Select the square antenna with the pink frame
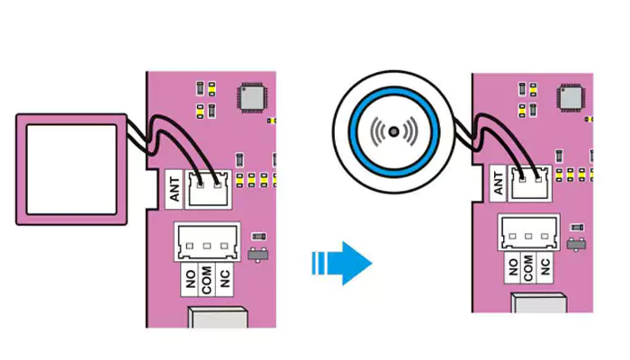point(71,169)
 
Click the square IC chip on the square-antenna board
point(252,97)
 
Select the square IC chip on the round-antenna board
point(574,97)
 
